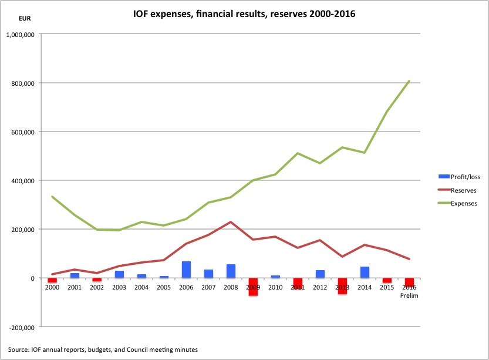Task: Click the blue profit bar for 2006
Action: (186, 270)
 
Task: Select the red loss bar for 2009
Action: (253, 287)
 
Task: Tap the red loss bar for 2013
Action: (342, 286)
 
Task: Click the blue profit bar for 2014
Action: (365, 272)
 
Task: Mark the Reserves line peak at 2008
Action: (231, 222)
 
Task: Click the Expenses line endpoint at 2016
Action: (409, 81)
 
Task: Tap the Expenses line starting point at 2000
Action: (52, 197)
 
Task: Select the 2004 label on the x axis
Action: (141, 287)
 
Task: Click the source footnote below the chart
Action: (103, 349)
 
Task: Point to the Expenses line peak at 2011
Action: (298, 153)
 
